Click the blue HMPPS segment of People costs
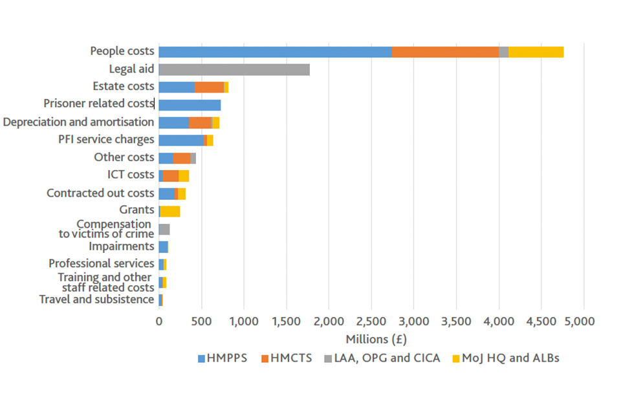coord(275,52)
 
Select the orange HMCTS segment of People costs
coord(445,52)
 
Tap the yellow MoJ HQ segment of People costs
coord(536,52)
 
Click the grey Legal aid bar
coord(234,70)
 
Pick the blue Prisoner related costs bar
coord(190,105)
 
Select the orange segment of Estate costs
coord(209,87)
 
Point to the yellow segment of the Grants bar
coord(170,211)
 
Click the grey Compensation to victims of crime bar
coord(164,229)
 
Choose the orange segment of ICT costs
coord(171,176)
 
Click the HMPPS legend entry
coord(222,358)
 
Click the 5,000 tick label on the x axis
coord(584,321)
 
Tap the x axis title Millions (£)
coord(376,339)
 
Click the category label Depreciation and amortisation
coord(79,122)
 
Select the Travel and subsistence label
coord(96,300)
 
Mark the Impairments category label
coord(121,246)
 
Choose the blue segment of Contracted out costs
coord(166,193)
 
